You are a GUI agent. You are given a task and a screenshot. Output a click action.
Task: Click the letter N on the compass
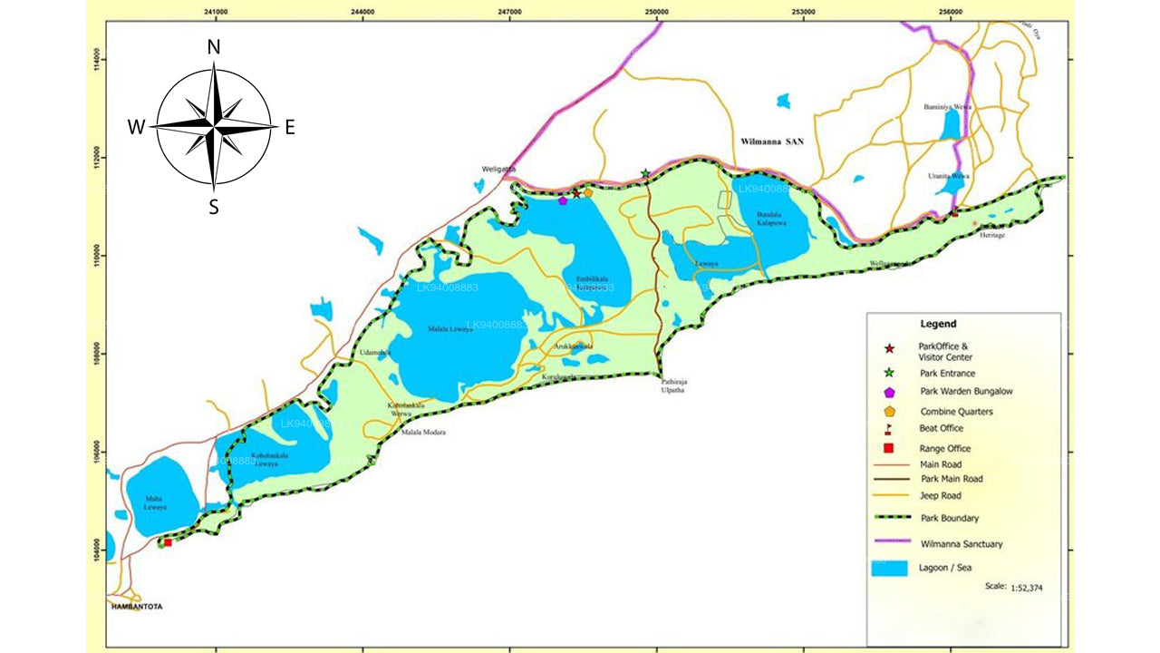[214, 48]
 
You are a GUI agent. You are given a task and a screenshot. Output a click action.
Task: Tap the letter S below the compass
[214, 207]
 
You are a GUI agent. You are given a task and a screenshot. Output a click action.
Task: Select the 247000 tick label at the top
[509, 11]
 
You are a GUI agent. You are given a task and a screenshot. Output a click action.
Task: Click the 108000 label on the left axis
[98, 354]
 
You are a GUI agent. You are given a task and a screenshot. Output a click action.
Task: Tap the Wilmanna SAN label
[772, 142]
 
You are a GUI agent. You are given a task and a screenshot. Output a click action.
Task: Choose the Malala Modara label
[423, 433]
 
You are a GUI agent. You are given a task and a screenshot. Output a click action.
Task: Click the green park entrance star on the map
[645, 173]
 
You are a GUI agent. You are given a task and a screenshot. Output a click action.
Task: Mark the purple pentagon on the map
[563, 200]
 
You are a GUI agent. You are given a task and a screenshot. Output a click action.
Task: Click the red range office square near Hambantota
[168, 542]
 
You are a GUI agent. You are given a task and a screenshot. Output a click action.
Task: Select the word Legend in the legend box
[938, 324]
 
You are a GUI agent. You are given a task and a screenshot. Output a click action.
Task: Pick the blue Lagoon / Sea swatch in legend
[889, 569]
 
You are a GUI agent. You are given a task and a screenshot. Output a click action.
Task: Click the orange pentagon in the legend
[889, 411]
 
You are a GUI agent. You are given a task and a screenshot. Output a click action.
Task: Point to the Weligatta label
[498, 169]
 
